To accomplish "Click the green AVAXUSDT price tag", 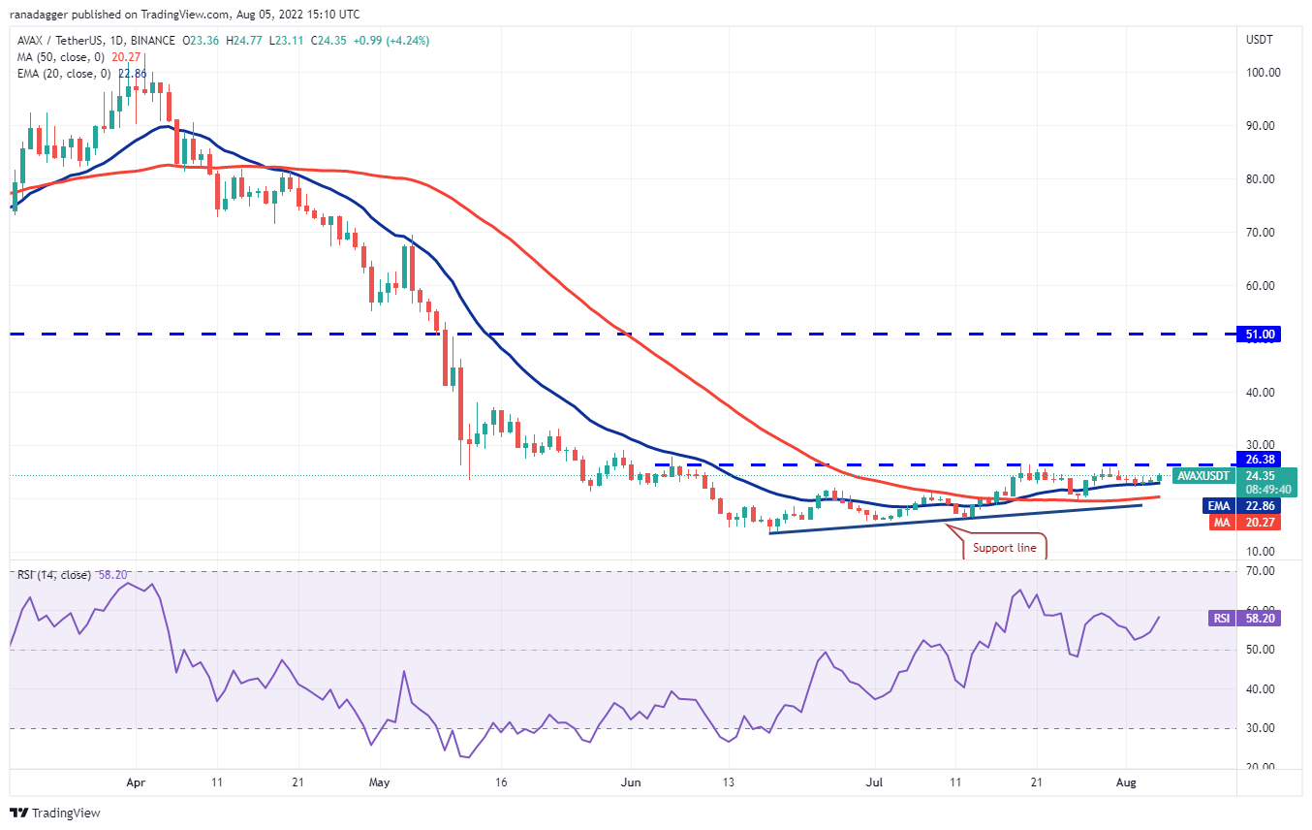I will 1202,476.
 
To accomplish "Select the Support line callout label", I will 1004,548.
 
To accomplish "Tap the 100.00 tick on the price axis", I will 1263,72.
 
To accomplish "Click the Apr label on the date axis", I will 136,781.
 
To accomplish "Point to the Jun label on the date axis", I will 631,781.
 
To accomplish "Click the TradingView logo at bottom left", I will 55,813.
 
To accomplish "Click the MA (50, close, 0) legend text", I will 56,56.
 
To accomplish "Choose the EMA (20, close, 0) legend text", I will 59,72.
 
